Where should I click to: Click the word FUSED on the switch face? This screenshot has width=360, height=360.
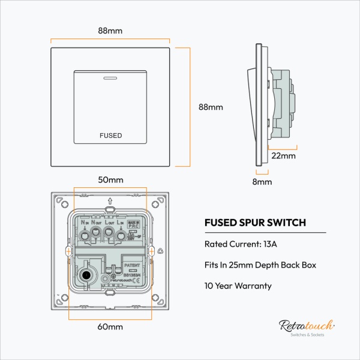(x=110, y=136)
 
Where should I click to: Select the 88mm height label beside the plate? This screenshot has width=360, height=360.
(x=211, y=107)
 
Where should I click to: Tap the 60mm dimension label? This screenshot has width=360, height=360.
(x=111, y=327)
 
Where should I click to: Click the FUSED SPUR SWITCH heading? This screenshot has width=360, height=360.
(x=256, y=223)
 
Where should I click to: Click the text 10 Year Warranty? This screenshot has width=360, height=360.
(x=238, y=286)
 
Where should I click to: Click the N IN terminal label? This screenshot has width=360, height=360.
(x=85, y=222)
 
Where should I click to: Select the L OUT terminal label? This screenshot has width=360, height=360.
(x=109, y=222)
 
